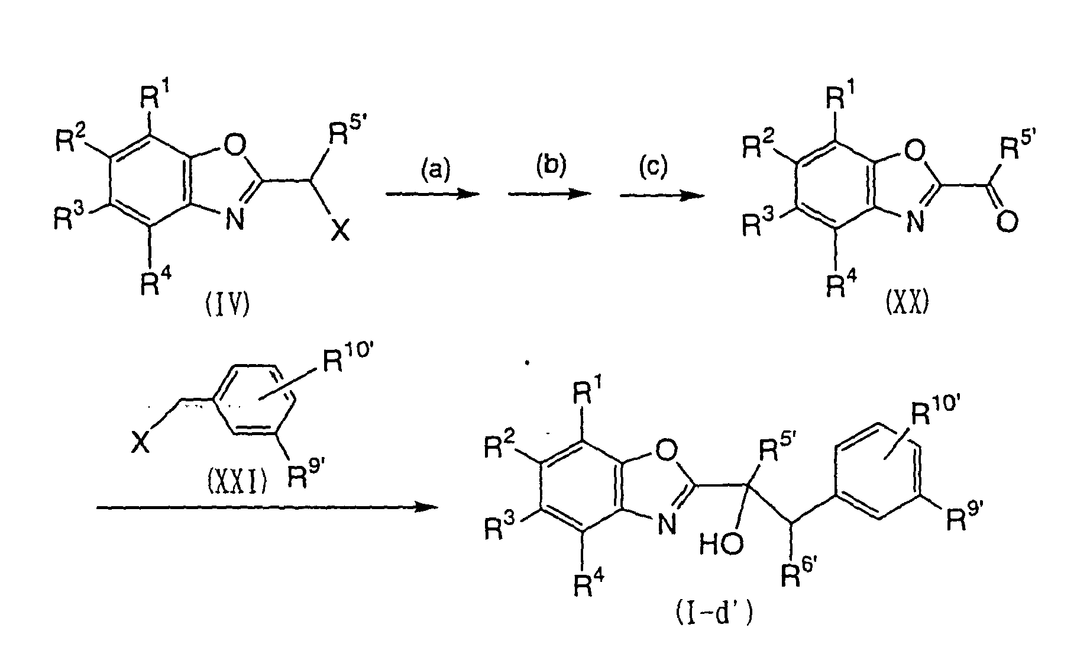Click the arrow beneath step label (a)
(432, 194)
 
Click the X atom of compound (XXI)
(140, 442)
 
